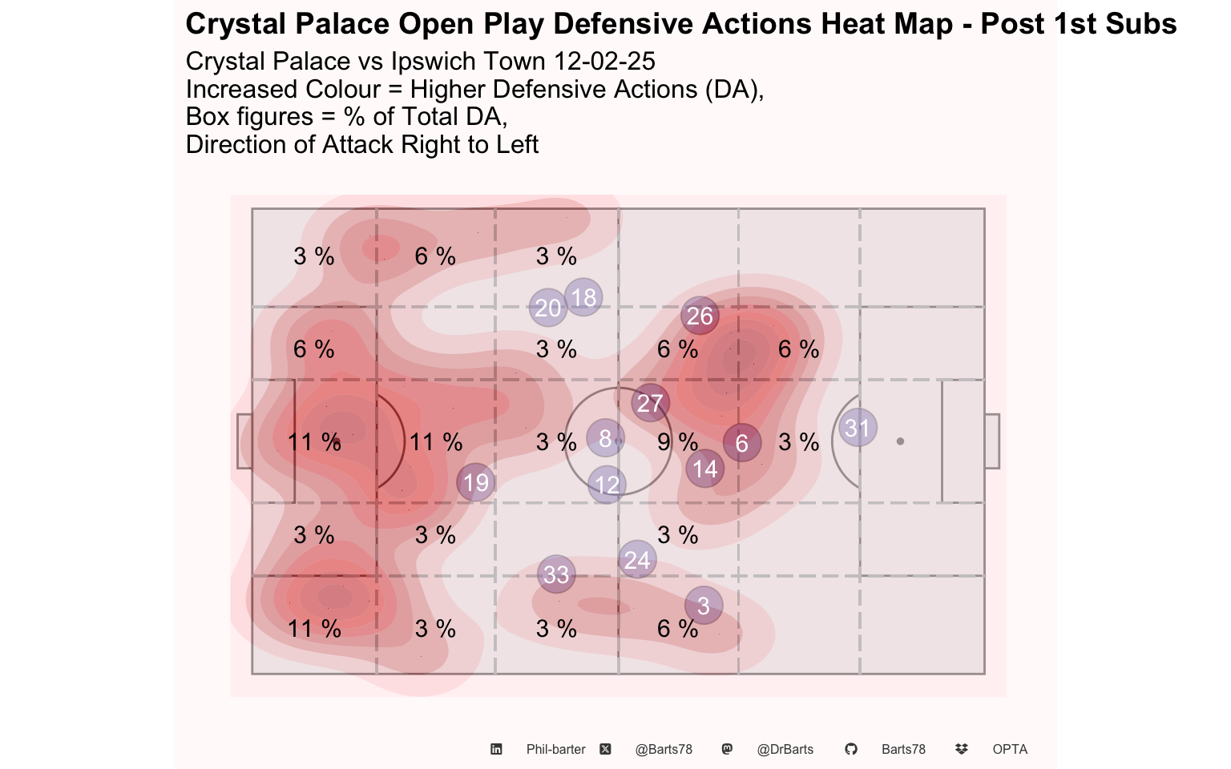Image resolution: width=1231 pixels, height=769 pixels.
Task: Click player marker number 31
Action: coord(858,428)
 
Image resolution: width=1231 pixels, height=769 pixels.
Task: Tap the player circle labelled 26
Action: coord(700,316)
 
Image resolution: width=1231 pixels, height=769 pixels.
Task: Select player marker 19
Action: coord(476,483)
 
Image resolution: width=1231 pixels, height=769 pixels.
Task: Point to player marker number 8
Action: coord(605,438)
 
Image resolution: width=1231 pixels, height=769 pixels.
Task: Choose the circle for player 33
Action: coord(556,574)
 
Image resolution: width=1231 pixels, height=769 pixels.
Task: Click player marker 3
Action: coord(704,606)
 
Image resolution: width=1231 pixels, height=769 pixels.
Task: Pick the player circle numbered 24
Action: coord(637,560)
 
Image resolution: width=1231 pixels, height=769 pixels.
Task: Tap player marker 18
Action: coord(583,298)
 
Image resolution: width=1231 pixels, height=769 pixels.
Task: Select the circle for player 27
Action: coord(650,403)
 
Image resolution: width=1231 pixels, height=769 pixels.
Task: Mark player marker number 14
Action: coord(705,469)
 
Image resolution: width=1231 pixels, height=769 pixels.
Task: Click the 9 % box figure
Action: coord(677,442)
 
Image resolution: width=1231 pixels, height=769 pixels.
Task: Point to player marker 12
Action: coord(607,485)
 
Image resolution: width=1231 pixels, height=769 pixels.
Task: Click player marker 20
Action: coord(548,308)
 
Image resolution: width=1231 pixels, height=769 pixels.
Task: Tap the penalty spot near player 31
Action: coord(900,441)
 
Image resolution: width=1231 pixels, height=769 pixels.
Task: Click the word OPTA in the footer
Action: coord(1010,749)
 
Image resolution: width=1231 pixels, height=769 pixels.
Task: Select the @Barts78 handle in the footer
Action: coord(664,749)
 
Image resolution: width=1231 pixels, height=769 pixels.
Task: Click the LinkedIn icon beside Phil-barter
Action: coord(496,749)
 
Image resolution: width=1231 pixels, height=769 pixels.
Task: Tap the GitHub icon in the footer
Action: coord(851,749)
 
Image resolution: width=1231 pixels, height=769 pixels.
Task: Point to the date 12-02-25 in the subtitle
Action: coord(604,61)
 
